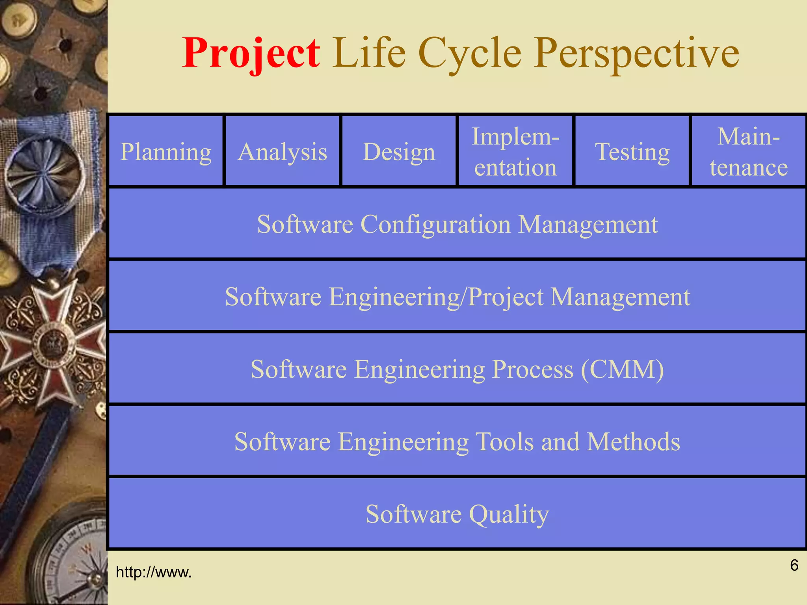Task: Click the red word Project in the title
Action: click(x=251, y=53)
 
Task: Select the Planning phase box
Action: click(x=165, y=151)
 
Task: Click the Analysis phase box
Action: click(x=282, y=151)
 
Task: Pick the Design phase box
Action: click(x=399, y=151)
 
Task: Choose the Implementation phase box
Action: click(x=515, y=151)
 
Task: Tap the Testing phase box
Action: click(x=632, y=151)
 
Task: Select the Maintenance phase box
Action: click(x=749, y=151)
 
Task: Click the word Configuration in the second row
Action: click(x=435, y=225)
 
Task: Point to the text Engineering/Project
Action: click(x=436, y=297)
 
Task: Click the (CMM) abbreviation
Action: click(x=623, y=369)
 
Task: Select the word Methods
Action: click(x=633, y=442)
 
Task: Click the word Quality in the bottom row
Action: click(x=509, y=514)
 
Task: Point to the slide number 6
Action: click(x=794, y=565)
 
